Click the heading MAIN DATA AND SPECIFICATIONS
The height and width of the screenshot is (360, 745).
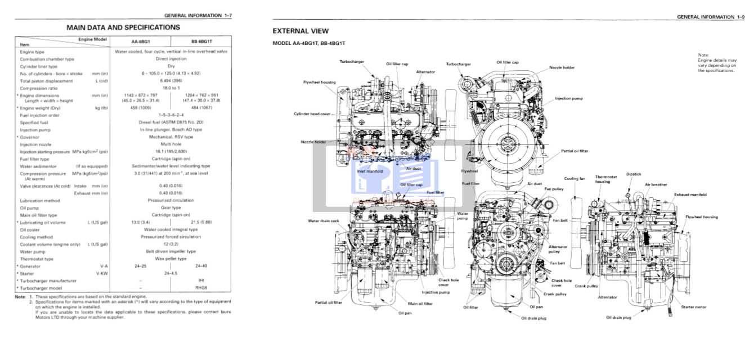tap(123, 27)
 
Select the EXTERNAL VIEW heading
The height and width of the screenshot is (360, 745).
tap(300, 31)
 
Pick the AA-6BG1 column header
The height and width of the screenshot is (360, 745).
tap(140, 42)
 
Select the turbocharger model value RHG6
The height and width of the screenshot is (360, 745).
tap(201, 288)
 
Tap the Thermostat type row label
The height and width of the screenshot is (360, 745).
tap(37, 259)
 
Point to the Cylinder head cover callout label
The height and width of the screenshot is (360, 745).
tap(312, 114)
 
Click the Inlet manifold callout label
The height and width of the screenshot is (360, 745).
tap(370, 171)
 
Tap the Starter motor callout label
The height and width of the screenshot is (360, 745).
tap(693, 307)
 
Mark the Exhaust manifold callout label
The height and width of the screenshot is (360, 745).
tap(690, 195)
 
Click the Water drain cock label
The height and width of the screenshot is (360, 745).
tap(324, 221)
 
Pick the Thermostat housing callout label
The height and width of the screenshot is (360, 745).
tap(606, 179)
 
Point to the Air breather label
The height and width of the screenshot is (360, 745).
tap(656, 184)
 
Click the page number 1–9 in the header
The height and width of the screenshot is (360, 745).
tap(739, 17)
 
